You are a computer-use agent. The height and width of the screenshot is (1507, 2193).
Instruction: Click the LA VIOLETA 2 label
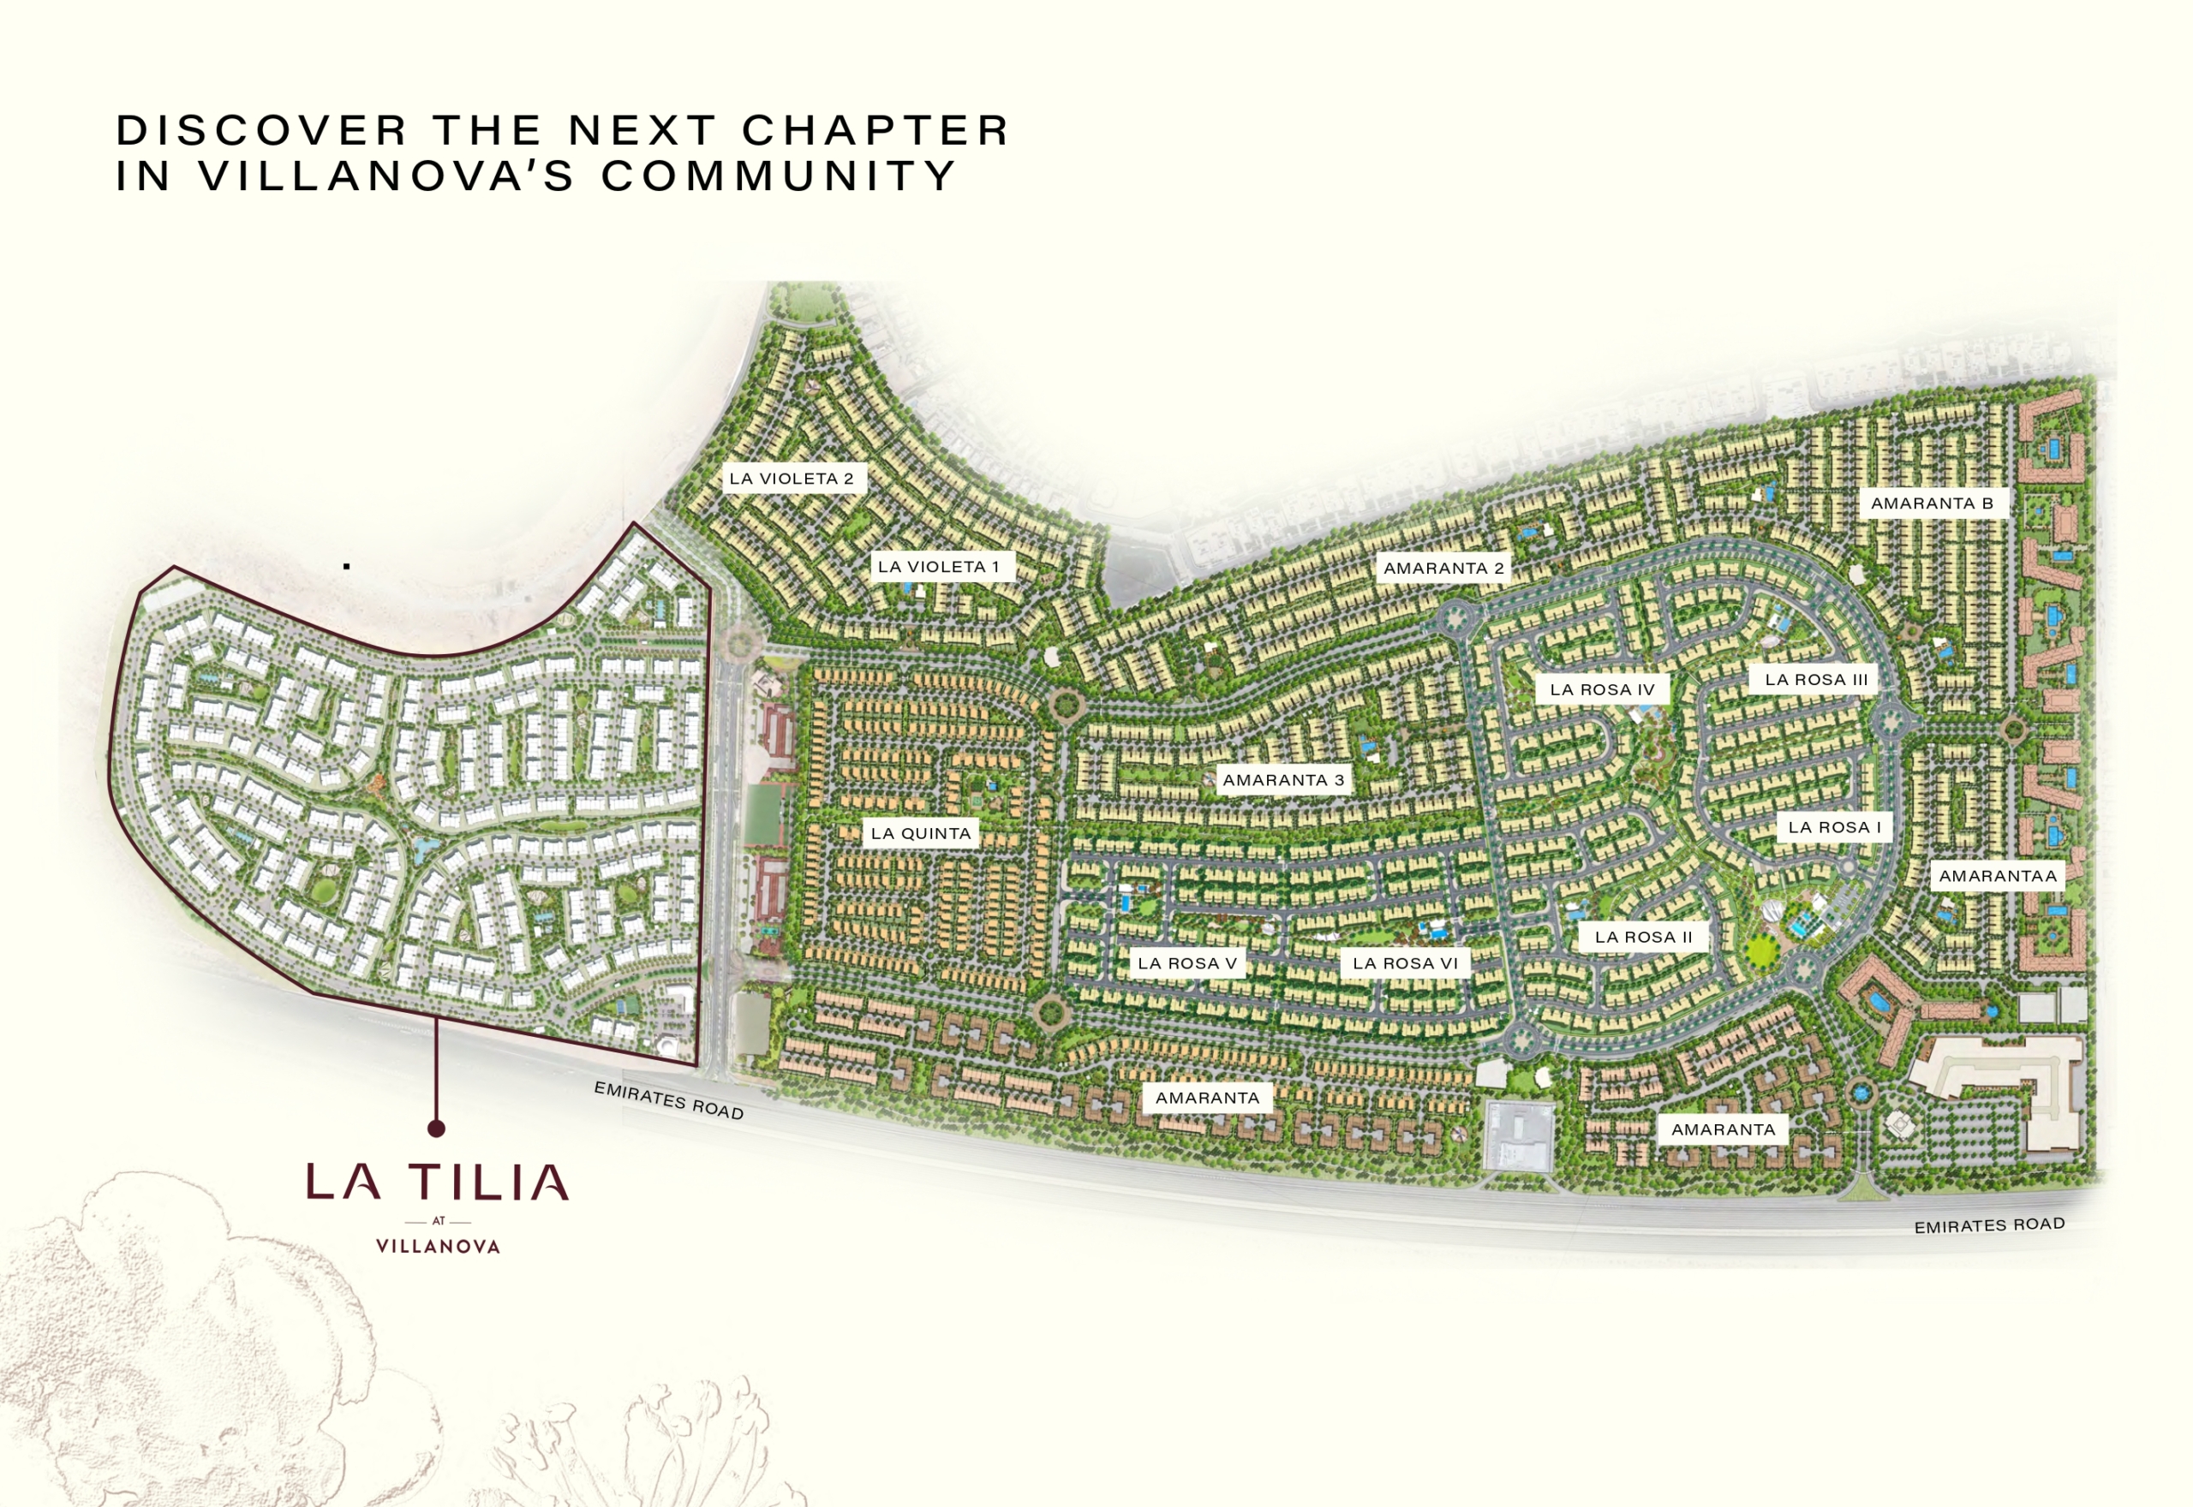coord(792,479)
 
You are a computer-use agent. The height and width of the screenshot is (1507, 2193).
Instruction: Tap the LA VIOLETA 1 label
coord(939,567)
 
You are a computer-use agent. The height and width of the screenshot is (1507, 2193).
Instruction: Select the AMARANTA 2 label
coord(1443,569)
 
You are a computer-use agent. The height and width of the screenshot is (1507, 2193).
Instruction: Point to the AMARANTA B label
coord(1932,503)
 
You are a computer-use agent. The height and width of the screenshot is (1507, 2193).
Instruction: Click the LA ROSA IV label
coord(1603,689)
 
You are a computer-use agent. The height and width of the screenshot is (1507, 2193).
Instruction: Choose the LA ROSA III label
coord(1816,679)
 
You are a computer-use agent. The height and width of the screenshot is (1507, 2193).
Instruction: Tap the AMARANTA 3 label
coord(1282,780)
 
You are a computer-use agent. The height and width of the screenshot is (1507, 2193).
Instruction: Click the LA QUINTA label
coord(921,833)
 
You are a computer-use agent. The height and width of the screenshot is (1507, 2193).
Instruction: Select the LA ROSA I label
coord(1834,827)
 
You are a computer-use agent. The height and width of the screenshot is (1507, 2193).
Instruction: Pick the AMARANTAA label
coord(1998,876)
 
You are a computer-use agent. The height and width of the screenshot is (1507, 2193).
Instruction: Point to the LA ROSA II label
coord(1643,937)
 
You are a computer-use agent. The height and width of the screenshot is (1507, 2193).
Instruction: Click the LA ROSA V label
coord(1187,963)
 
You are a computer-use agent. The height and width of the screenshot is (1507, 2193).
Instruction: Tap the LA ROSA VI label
coord(1406,963)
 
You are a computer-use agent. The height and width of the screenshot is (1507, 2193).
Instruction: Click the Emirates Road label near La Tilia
coord(669,1101)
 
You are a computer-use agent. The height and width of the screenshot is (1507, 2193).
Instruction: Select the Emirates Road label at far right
coord(1989,1224)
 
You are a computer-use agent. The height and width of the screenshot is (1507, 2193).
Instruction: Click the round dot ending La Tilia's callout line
coord(436,1128)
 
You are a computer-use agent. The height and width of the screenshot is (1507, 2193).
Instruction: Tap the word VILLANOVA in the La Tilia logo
coord(437,1247)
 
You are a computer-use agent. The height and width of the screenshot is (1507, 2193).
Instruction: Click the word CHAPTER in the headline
coord(875,130)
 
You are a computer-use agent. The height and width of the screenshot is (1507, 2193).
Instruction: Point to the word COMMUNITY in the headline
coord(780,176)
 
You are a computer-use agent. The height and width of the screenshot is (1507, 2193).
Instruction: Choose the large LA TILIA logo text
coord(437,1182)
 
